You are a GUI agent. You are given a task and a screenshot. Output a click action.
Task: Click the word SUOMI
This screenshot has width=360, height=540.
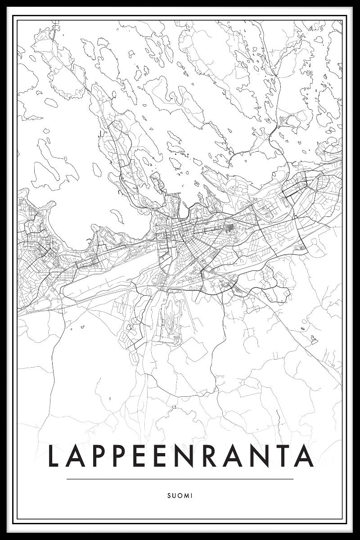tap(180, 495)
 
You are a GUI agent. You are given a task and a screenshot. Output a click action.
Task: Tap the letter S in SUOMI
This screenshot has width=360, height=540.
tap(169, 495)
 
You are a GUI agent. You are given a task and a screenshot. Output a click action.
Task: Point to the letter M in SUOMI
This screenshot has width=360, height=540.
tap(186, 495)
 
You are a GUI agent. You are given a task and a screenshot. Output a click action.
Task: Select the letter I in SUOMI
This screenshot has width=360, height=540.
tap(191, 495)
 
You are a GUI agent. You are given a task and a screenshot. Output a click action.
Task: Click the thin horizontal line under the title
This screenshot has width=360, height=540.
tap(180, 479)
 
